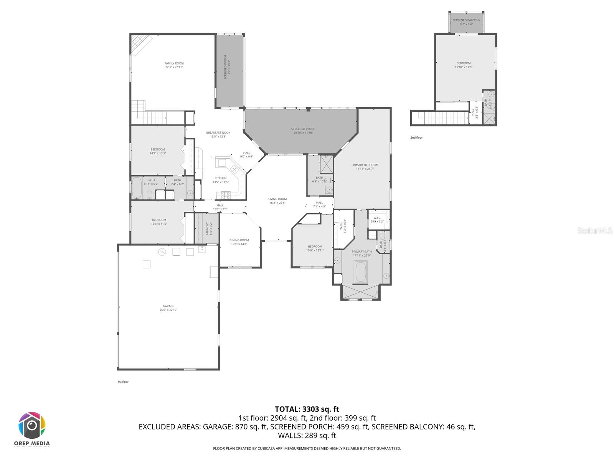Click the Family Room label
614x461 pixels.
[174, 65]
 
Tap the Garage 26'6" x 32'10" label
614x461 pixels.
[168, 308]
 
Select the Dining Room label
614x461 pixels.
[239, 242]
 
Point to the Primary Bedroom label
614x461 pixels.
[365, 167]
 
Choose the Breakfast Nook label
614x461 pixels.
[218, 134]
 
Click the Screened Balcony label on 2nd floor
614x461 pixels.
[466, 22]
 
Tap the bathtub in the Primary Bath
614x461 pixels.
[361, 272]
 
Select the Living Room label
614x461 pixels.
[277, 201]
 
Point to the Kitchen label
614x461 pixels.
[220, 180]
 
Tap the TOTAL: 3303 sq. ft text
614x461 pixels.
[307, 409]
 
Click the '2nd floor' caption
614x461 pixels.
[416, 138]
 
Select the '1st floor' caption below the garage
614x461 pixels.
[123, 382]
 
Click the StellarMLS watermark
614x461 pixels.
[594, 231]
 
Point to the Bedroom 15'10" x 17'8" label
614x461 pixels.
[463, 65]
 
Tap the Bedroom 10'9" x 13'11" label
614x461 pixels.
[315, 248]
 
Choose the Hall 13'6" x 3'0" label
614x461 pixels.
[220, 207]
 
